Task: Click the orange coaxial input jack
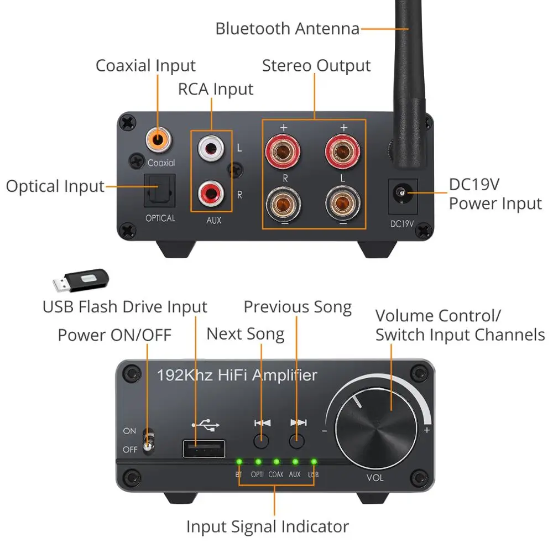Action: click(158, 140)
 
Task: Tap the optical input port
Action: click(159, 191)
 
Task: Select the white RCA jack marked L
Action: click(211, 148)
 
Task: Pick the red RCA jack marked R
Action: click(211, 193)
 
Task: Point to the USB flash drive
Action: click(81, 281)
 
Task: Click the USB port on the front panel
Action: click(204, 448)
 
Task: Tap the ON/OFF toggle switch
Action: click(148, 441)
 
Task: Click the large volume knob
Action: click(376, 429)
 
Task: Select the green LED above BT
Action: click(239, 462)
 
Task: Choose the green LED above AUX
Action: click(295, 462)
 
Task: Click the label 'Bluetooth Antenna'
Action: click(288, 29)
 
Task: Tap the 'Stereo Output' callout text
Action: click(316, 66)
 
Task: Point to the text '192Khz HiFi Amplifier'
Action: click(237, 375)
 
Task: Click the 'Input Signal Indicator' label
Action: click(268, 527)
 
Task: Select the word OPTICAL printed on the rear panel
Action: click(160, 218)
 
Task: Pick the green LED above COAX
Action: click(276, 462)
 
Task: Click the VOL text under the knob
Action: click(375, 478)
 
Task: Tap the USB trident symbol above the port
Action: click(206, 425)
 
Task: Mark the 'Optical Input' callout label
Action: click(55, 186)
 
